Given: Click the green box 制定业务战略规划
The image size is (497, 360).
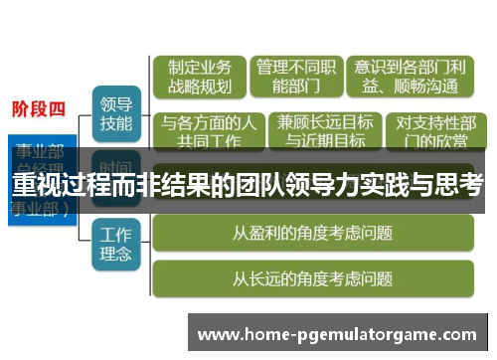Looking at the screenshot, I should click(x=199, y=77).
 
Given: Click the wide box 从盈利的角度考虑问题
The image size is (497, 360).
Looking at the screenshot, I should click(x=312, y=234).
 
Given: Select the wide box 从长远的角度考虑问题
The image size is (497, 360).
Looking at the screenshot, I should click(x=312, y=278).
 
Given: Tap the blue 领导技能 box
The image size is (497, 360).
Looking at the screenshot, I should click(x=116, y=112).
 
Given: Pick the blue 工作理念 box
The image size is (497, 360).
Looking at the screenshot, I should click(x=116, y=246).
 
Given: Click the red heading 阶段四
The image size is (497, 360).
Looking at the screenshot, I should click(x=39, y=109).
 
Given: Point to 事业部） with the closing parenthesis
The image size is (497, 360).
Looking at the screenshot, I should click(x=40, y=210).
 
